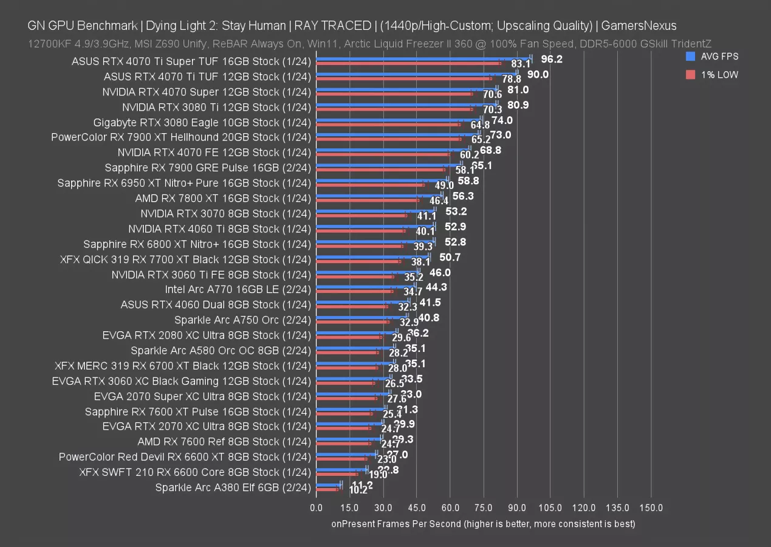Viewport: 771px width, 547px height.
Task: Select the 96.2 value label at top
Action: (x=551, y=59)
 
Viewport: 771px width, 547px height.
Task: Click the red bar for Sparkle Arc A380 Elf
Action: (x=327, y=489)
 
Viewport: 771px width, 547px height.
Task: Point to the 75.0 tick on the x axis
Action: (x=483, y=507)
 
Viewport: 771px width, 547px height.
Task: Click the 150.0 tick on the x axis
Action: (x=651, y=507)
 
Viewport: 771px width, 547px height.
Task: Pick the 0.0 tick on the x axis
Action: (x=316, y=507)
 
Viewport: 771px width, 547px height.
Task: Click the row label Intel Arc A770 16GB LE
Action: (x=238, y=289)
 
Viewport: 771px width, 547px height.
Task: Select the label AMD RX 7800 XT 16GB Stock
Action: (x=223, y=198)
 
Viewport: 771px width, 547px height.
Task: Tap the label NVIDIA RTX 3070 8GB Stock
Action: (x=225, y=213)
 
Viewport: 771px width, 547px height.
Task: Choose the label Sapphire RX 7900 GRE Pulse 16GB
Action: (x=207, y=168)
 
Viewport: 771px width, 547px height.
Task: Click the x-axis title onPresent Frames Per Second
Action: (x=483, y=523)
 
